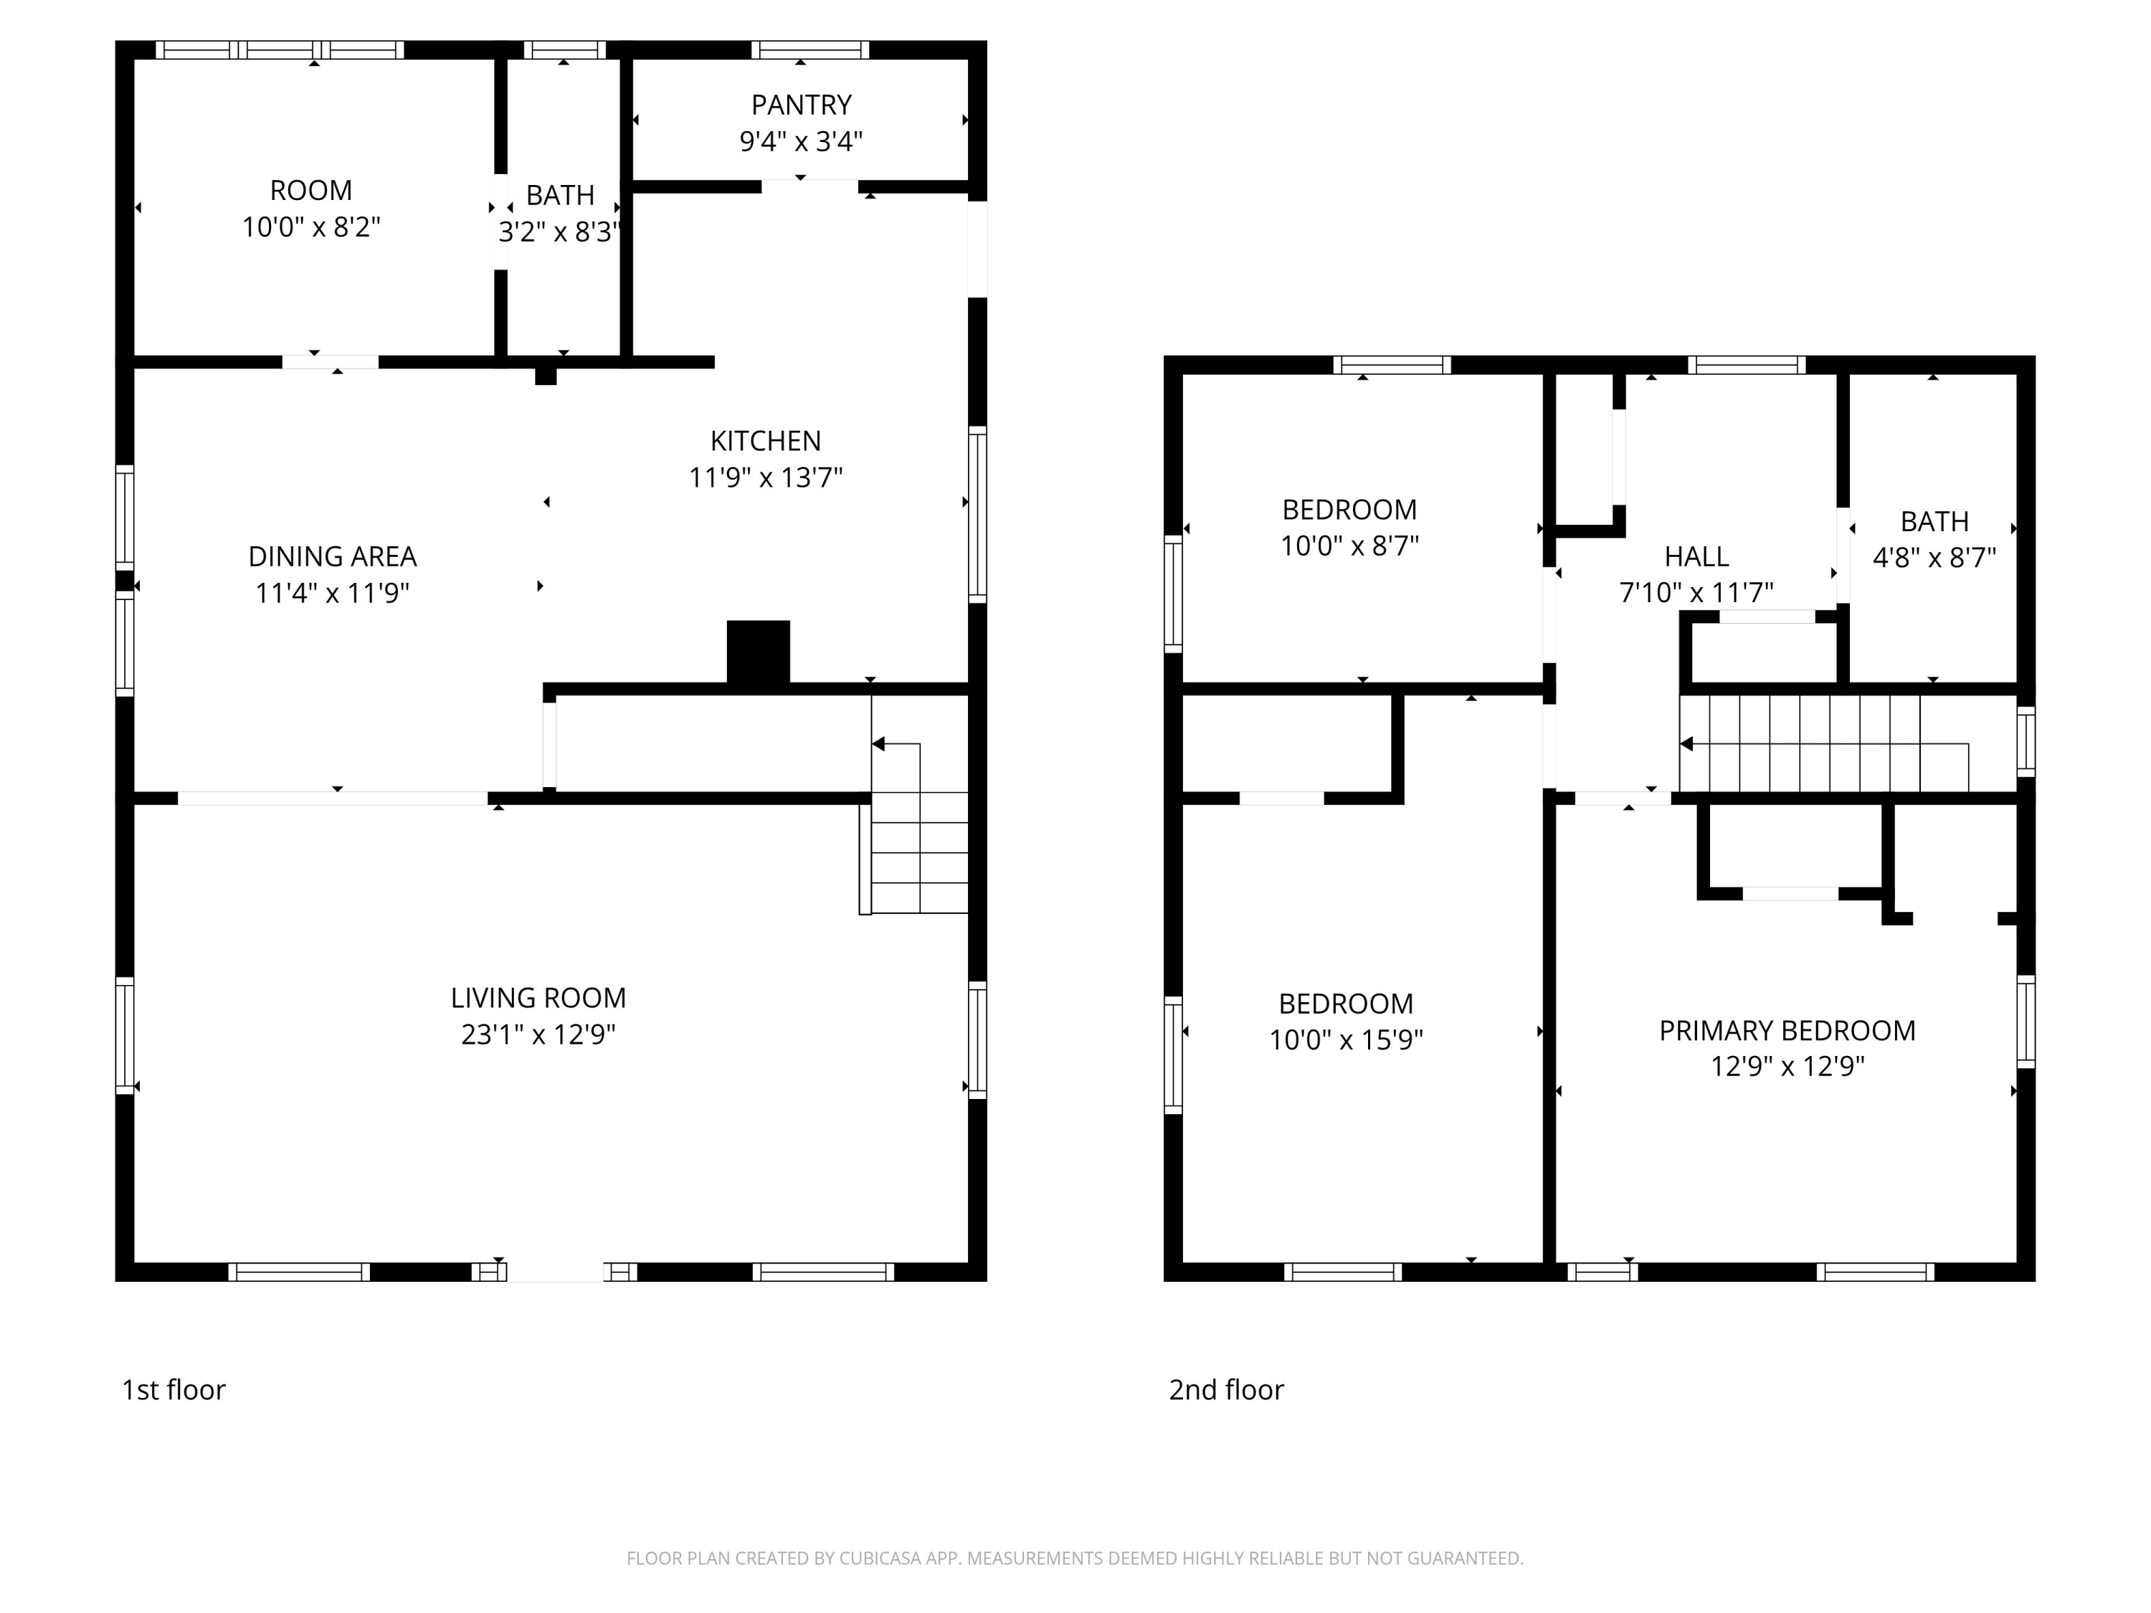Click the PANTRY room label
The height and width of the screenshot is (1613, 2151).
(x=802, y=105)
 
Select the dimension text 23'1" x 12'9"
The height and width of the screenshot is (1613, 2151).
(x=538, y=1034)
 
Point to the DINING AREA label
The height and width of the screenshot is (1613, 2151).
(x=333, y=557)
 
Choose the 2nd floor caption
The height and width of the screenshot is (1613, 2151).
(x=1226, y=1390)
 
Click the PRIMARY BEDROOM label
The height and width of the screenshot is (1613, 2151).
(x=1787, y=1031)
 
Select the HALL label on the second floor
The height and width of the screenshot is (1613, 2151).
(x=1697, y=557)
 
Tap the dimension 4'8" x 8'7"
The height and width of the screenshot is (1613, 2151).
(x=1934, y=558)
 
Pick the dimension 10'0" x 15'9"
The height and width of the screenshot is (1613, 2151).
(x=1346, y=1040)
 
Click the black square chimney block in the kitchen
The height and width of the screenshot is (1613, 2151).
(x=759, y=652)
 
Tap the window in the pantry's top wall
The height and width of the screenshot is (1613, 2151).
(x=810, y=49)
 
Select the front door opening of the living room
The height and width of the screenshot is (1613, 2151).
(x=555, y=1272)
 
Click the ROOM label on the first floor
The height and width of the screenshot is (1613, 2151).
(x=311, y=191)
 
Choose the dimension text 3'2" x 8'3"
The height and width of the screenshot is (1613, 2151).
(x=560, y=232)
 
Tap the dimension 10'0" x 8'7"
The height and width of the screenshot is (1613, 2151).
(x=1349, y=546)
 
